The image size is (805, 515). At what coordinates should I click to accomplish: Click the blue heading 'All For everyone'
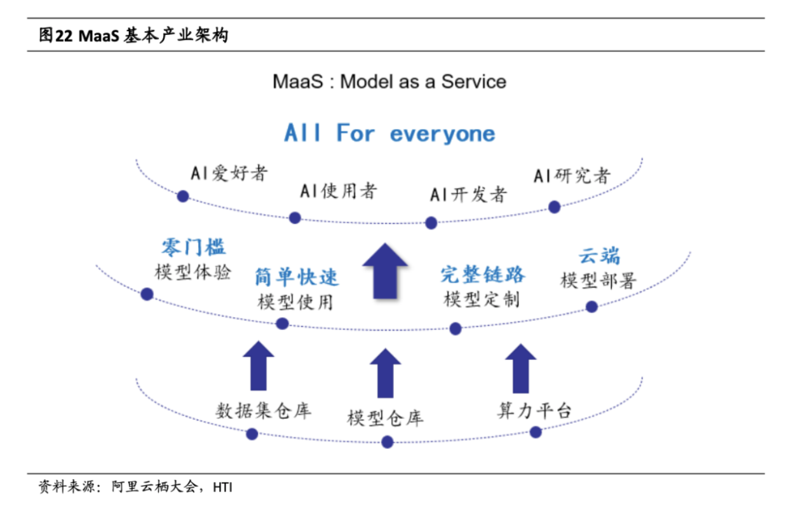point(389,134)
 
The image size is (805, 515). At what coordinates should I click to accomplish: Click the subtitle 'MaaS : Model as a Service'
point(389,81)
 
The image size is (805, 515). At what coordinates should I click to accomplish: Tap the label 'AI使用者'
point(339,190)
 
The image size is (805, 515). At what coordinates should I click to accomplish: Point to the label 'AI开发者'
point(468,194)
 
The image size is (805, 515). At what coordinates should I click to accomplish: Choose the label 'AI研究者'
point(572,175)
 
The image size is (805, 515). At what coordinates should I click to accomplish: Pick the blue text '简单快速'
point(297,277)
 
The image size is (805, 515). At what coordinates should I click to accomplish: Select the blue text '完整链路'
point(483,274)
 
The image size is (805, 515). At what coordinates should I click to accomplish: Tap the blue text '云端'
point(599,256)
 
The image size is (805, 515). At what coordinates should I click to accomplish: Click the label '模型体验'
point(193,271)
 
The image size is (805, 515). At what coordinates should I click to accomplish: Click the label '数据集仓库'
point(263,410)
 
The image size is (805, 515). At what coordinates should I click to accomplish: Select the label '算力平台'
point(534,410)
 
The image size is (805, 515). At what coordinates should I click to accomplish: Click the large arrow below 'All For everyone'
point(384,270)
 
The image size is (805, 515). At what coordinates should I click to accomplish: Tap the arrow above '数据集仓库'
point(259,365)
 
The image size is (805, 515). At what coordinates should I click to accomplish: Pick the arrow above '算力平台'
point(520,368)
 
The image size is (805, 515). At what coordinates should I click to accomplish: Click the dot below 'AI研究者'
point(554,207)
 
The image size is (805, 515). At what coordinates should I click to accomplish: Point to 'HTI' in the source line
point(222,488)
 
